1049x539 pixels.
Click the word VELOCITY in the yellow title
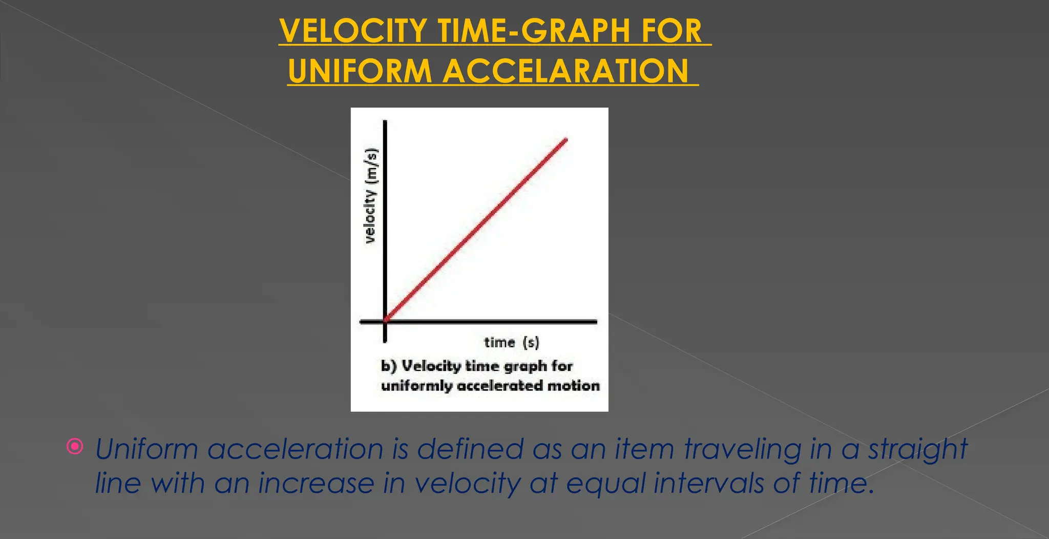tap(353, 31)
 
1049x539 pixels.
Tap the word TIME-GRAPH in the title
tap(527, 31)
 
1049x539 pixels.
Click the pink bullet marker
tap(75, 447)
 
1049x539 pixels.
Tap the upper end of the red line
tap(565, 139)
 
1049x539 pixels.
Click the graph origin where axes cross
tap(385, 321)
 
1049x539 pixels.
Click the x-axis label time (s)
tap(511, 342)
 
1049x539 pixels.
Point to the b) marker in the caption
tap(389, 366)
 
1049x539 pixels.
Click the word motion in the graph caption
tap(573, 385)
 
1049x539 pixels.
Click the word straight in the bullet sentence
tap(917, 450)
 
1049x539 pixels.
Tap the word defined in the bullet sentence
tap(470, 449)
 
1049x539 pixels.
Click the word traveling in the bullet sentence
tap(743, 450)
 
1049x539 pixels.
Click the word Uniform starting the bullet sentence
tap(146, 449)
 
